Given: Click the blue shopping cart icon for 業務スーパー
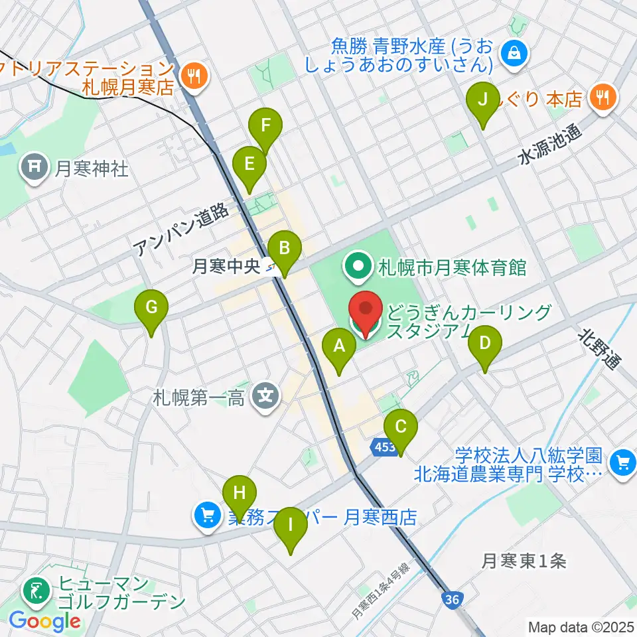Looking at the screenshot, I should pos(206,516).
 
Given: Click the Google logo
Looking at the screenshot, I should pos(44,622).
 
